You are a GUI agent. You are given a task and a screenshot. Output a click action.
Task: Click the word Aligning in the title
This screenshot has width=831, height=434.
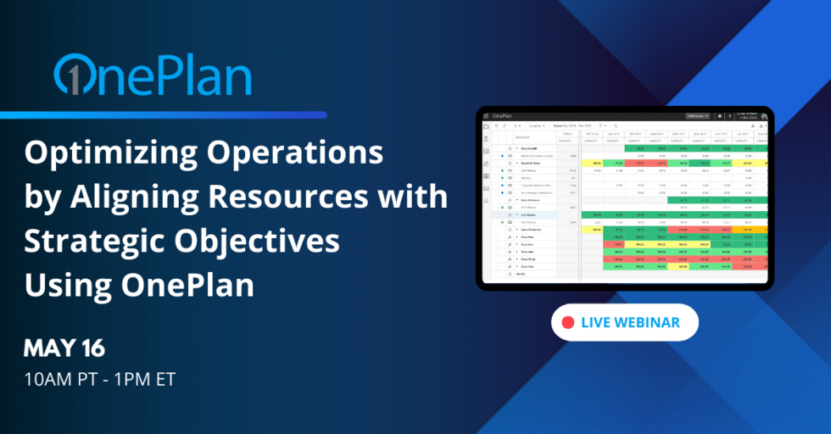pyautogui.click(x=142, y=198)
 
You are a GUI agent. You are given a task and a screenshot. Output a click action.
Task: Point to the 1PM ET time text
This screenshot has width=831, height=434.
pyautogui.click(x=143, y=378)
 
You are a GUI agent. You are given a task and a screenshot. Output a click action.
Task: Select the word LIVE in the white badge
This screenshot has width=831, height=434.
pyautogui.click(x=597, y=323)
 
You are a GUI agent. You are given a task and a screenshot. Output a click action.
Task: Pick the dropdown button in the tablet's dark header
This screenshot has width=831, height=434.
pyautogui.click(x=697, y=115)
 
